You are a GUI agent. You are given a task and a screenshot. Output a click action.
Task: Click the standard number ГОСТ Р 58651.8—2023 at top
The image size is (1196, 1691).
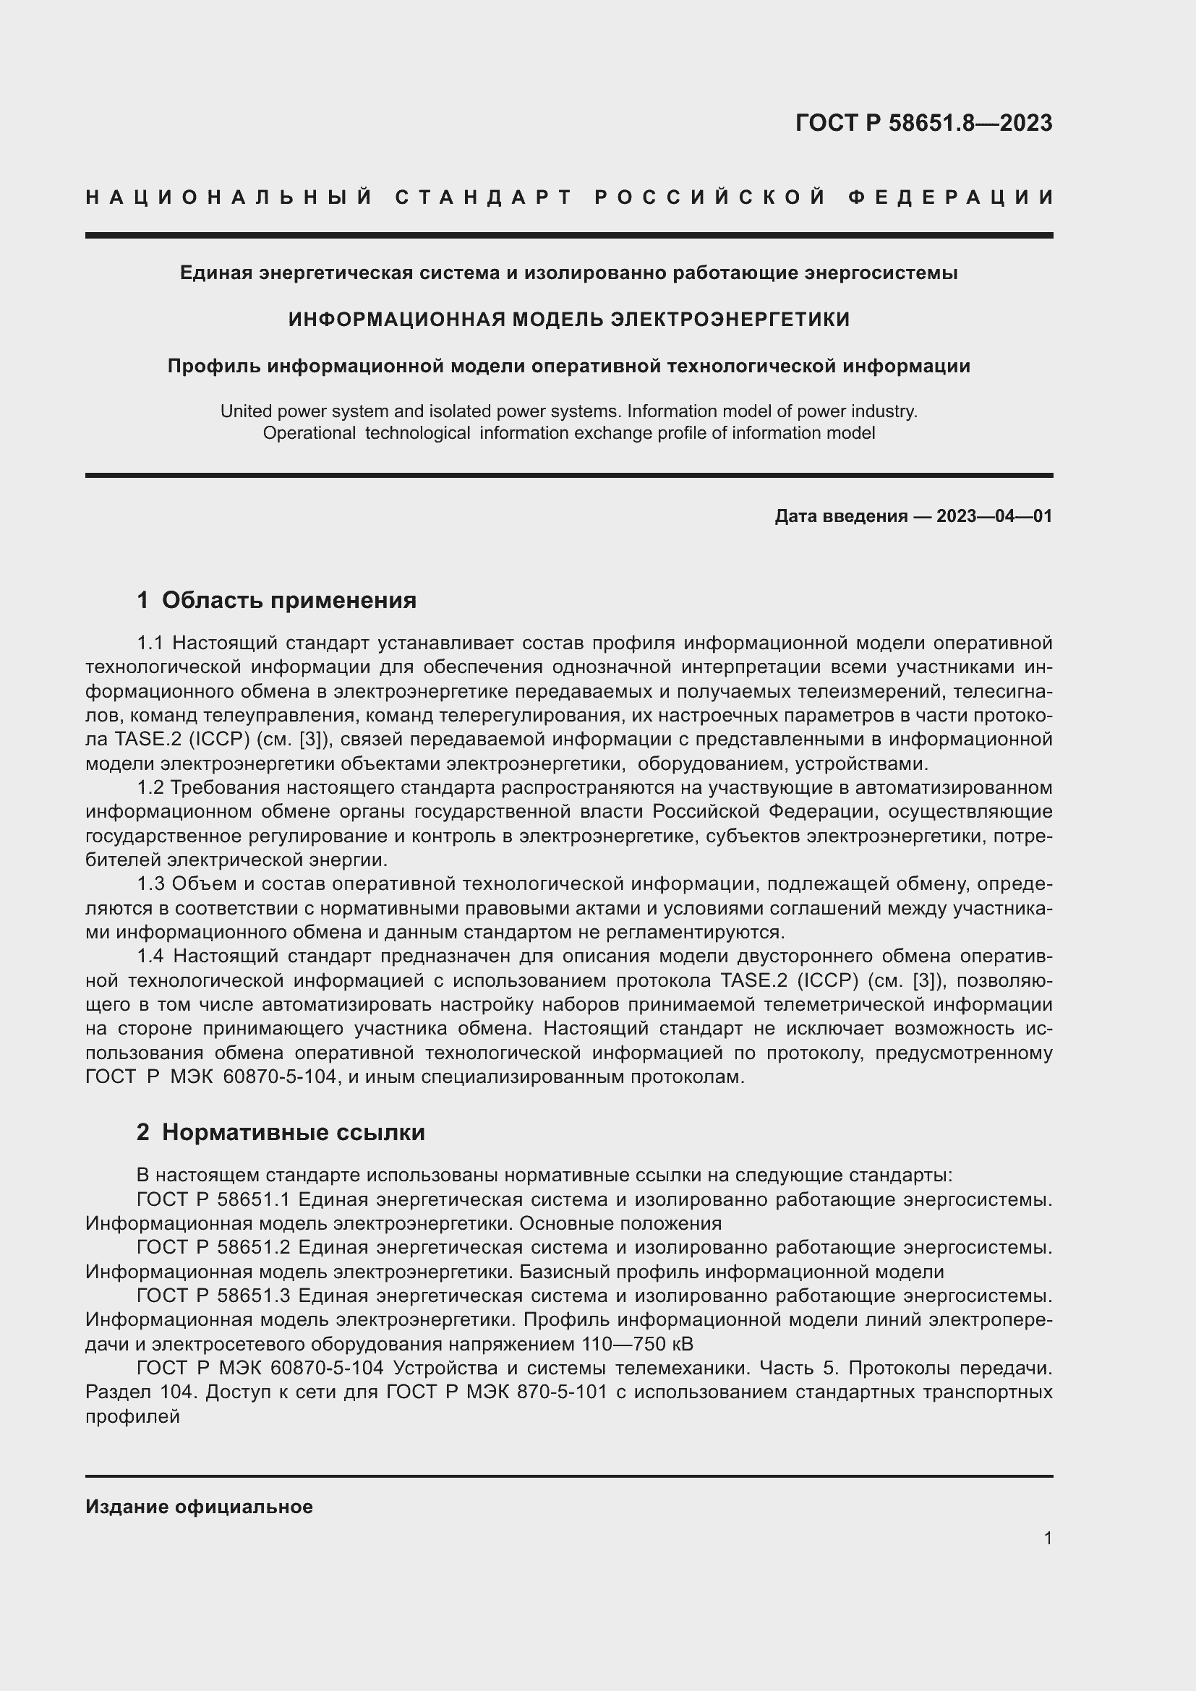923,123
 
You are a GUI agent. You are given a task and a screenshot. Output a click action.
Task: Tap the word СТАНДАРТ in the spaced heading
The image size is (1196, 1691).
484,197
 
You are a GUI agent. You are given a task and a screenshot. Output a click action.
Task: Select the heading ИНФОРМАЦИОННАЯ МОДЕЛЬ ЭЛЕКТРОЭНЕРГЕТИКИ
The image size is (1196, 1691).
568,320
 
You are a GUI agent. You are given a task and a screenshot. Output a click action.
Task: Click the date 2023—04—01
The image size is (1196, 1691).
994,516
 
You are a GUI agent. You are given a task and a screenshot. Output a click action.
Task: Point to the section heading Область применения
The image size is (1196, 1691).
289,600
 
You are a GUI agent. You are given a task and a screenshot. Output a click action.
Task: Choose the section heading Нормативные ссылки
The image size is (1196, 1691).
293,1132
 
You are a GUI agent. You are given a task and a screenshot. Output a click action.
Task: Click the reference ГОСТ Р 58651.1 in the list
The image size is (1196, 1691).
213,1200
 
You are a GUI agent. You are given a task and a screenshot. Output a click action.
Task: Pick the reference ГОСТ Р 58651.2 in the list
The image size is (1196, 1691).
213,1248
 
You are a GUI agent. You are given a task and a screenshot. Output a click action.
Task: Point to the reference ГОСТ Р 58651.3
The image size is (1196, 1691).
213,1296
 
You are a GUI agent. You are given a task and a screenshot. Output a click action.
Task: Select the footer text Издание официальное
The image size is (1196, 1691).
199,1507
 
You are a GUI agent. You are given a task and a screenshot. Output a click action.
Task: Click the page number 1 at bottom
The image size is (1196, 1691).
1047,1538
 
